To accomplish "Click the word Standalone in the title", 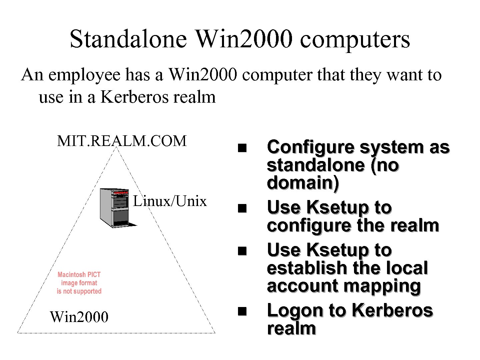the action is (128, 39).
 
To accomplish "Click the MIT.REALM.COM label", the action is (122, 141).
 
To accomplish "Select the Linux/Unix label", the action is (170, 201).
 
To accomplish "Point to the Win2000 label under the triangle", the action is (79, 317).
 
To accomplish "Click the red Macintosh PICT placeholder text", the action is (79, 283).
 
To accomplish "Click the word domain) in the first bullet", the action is (303, 183).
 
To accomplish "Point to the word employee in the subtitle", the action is (84, 75).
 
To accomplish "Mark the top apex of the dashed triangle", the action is (116, 147).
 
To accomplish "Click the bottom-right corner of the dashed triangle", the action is (215, 333).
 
